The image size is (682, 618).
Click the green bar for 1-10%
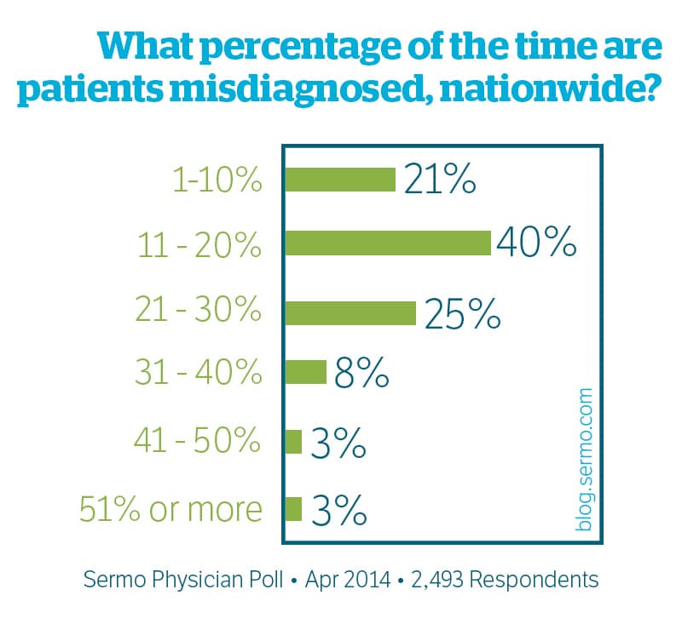pos(339,180)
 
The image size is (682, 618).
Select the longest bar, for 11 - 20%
pos(387,243)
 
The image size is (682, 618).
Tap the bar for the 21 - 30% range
pos(350,312)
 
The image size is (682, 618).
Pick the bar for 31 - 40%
pos(305,372)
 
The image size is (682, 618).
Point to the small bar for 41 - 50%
pos(293,442)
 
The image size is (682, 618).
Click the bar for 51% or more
pos(293,508)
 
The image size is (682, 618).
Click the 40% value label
pos(537,244)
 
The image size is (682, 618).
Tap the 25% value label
pos(461,314)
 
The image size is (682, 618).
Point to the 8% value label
pos(361,374)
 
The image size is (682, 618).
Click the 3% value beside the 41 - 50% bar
pos(339,443)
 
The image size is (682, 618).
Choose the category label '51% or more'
pos(171,509)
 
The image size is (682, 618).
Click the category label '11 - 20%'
pos(199,244)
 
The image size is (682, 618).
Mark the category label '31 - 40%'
pos(199,374)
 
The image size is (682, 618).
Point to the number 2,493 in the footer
pos(436,581)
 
